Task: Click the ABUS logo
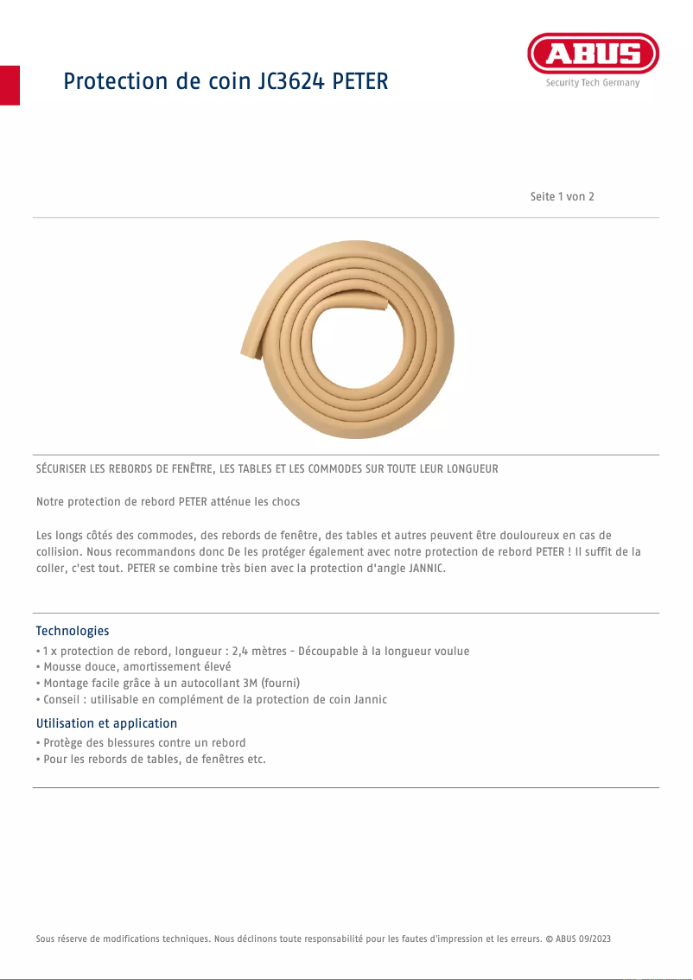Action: [593, 54]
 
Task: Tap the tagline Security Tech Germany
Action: [593, 83]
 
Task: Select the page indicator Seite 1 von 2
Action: [562, 197]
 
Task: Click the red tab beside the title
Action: [10, 85]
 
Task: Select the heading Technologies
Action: [73, 631]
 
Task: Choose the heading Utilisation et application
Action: [106, 723]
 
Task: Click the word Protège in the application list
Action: [64, 743]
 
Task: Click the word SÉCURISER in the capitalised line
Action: [65, 469]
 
